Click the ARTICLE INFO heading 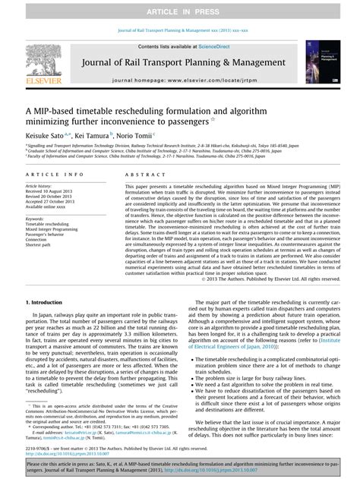coord(49,173)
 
